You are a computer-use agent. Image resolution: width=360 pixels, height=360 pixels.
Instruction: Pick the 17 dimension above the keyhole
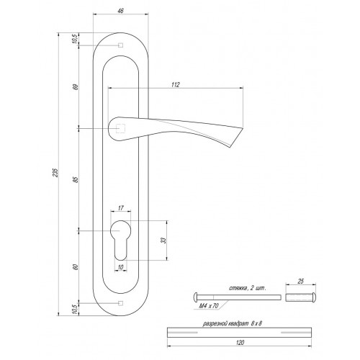[x=120, y=208]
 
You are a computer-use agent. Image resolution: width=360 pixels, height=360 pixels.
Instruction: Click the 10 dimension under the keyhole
[x=120, y=267]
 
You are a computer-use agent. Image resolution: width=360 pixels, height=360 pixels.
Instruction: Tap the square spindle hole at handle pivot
[x=120, y=129]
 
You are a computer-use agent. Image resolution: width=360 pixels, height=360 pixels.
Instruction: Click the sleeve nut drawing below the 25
[x=300, y=297]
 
